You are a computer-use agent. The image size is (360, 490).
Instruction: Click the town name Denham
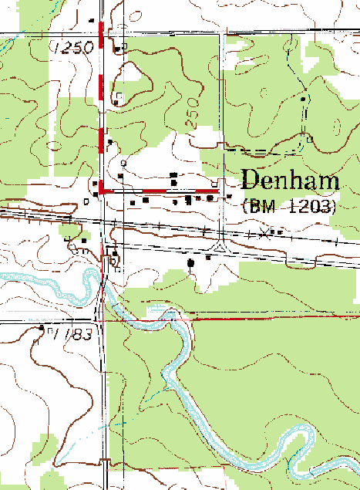291,181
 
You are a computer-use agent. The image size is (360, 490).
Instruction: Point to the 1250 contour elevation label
73,48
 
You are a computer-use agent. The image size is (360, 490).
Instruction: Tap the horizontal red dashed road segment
162,190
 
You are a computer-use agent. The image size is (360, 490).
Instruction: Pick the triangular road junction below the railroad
222,248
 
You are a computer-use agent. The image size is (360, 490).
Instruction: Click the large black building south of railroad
191,263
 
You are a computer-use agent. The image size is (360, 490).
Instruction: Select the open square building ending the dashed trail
309,140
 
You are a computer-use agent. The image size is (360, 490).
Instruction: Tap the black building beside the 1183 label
42,328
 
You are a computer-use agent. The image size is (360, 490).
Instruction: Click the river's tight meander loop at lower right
297,455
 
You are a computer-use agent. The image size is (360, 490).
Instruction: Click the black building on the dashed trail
303,99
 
